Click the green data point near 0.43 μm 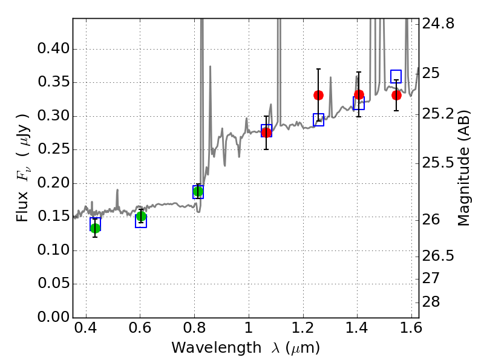[x=95, y=228]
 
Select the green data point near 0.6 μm [x=141, y=217]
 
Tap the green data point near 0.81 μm [x=198, y=192]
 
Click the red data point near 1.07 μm [x=266, y=132]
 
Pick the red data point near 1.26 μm [x=318, y=95]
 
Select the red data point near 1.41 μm [x=359, y=94]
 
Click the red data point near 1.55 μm [x=396, y=95]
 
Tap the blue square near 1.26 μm [x=318, y=120]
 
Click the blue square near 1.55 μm [x=396, y=76]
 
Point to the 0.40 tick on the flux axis [x=73, y=49]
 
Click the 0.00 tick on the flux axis [x=73, y=318]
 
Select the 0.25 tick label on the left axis [x=53, y=150]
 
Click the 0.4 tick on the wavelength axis [x=86, y=318]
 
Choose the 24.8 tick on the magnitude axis [x=419, y=24]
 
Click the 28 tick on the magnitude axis [x=419, y=302]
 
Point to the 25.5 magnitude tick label [x=438, y=163]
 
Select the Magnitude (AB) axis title [x=464, y=168]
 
